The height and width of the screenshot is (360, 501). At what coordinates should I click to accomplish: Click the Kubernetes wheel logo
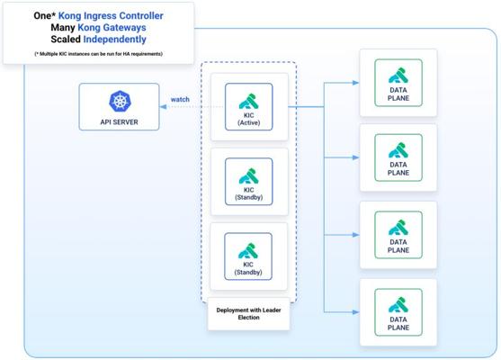[120, 101]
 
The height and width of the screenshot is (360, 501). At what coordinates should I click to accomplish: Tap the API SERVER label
[120, 122]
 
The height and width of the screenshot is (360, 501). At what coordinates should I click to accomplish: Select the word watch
[180, 99]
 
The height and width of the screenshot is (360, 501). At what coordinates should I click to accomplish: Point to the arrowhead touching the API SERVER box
[164, 106]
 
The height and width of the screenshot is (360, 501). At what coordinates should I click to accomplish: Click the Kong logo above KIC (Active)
[248, 102]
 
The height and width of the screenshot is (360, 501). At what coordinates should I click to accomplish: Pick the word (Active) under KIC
[248, 122]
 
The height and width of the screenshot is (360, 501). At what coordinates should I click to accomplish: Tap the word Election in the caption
[248, 318]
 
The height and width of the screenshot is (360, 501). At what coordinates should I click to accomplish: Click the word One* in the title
[44, 15]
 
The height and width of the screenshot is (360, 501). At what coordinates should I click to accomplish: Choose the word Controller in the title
[141, 15]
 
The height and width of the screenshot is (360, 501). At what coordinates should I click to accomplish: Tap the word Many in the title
[63, 28]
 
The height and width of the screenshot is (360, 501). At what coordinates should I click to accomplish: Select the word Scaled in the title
[66, 40]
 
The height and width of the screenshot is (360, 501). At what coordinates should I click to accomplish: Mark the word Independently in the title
[115, 40]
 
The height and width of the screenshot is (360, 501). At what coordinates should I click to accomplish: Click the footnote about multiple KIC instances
[98, 54]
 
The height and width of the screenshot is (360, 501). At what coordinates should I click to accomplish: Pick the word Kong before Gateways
[89, 28]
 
